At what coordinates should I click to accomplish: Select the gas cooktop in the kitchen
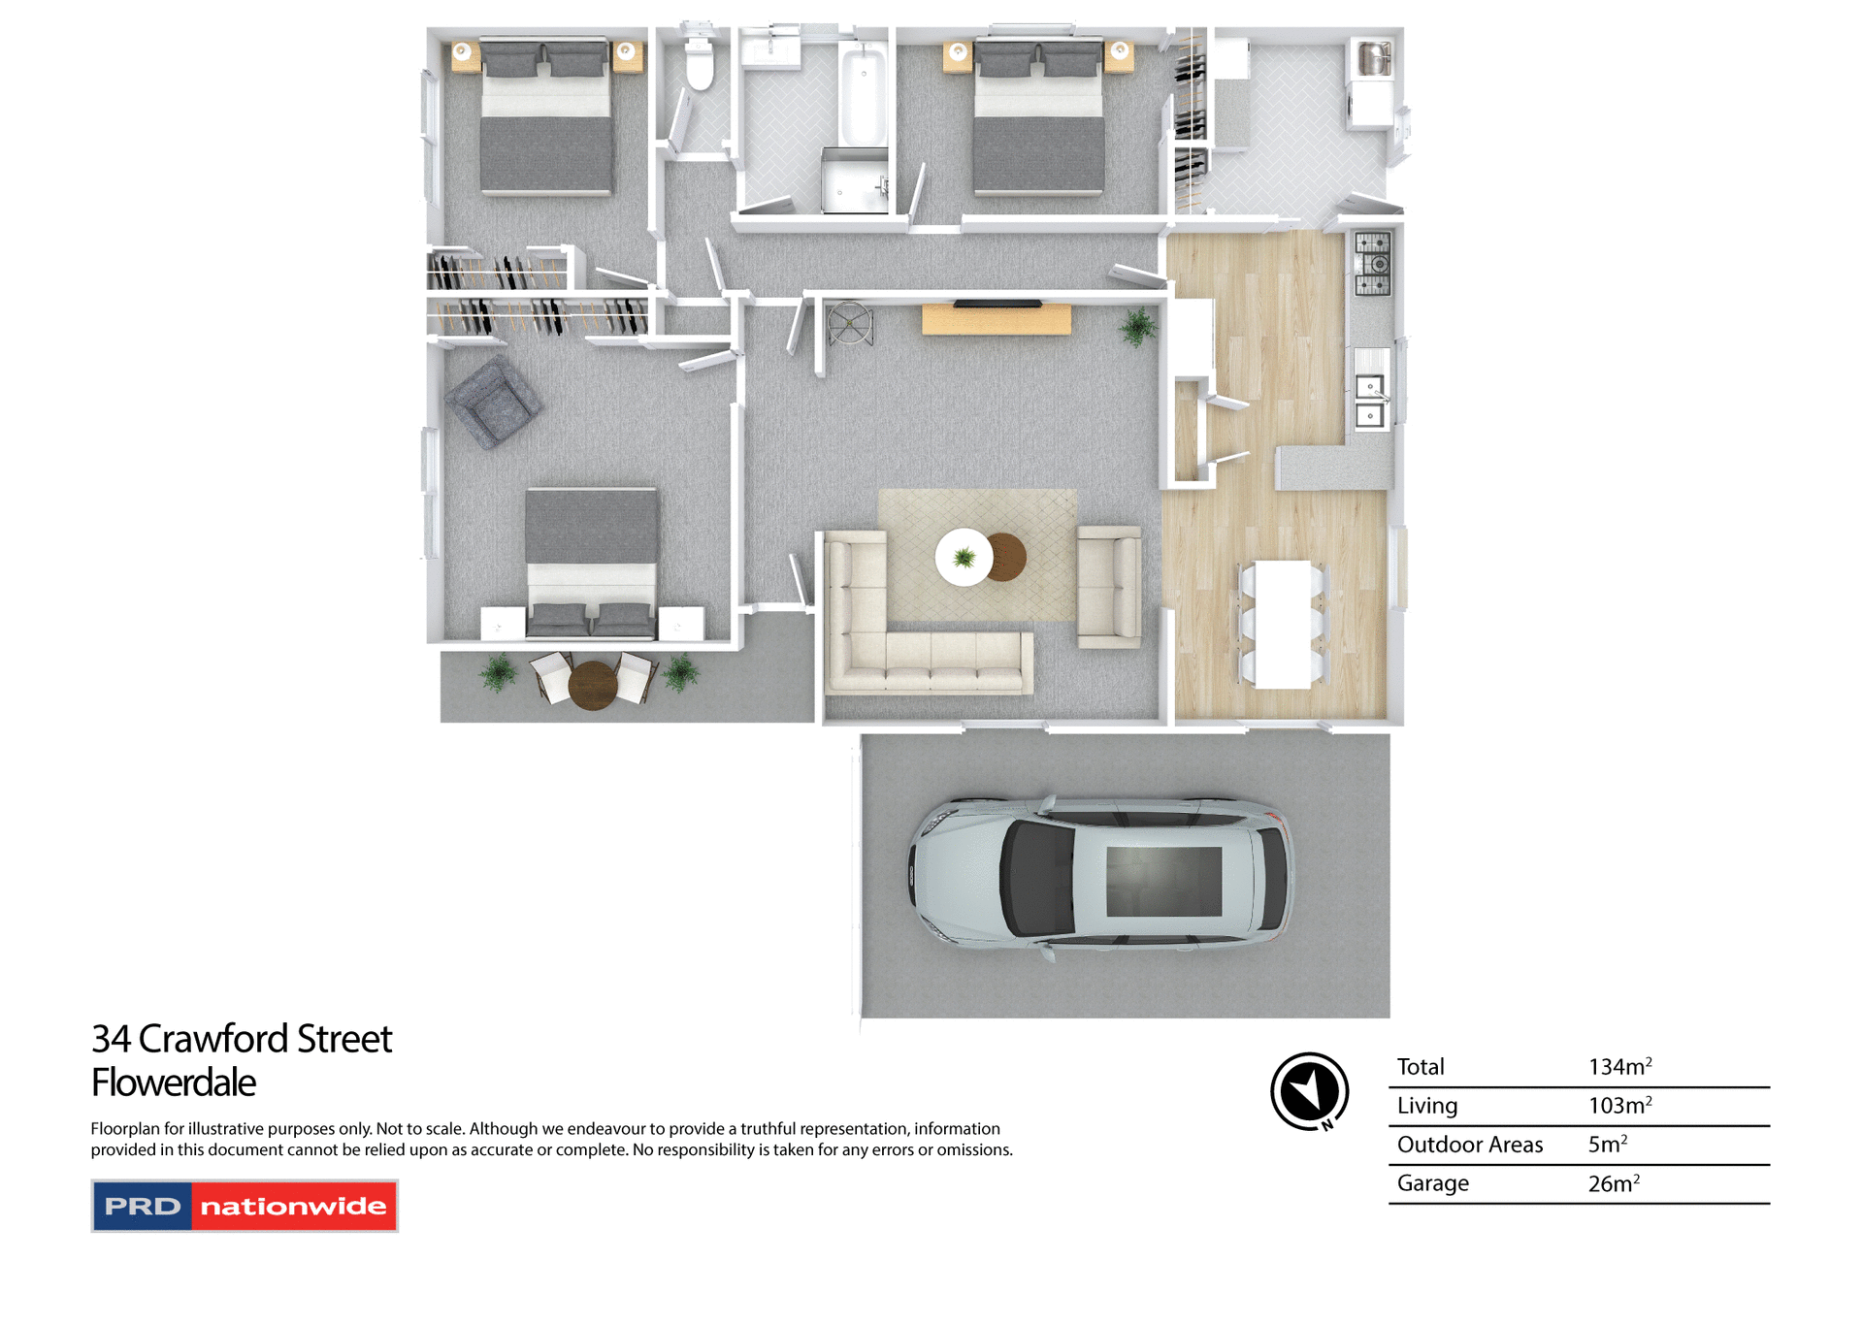point(1372,263)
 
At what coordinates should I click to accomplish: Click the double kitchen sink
point(1369,401)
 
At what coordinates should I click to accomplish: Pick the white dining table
point(1282,625)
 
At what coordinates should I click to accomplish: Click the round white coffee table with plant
point(964,557)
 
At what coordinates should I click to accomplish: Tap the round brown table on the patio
point(593,685)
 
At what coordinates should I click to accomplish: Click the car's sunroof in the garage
point(1163,881)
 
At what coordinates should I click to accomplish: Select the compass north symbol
point(1309,1091)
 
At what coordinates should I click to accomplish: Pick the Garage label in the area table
point(1432,1183)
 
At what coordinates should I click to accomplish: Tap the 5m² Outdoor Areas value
point(1607,1145)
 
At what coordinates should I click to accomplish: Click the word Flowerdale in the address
point(174,1083)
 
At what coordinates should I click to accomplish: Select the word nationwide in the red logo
point(293,1207)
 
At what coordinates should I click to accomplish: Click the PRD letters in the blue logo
point(143,1207)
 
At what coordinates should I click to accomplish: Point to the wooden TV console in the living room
point(996,319)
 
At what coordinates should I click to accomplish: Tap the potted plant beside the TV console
point(1137,327)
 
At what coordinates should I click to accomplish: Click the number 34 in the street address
point(111,1039)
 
